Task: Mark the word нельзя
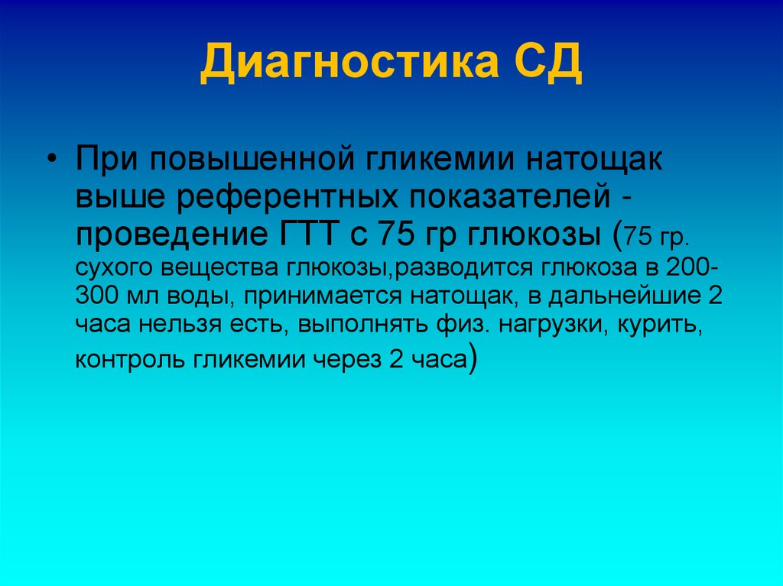tap(179, 326)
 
